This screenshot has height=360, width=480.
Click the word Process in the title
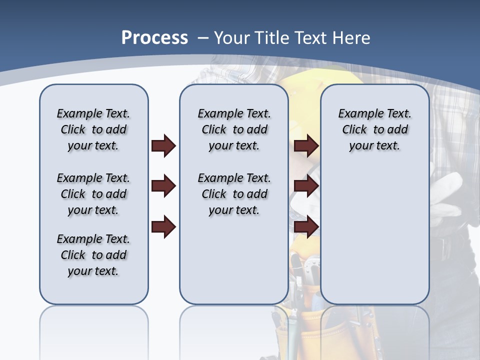point(154,38)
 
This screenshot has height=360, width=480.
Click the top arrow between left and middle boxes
point(163,146)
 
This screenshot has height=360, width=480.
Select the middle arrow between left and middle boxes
point(163,186)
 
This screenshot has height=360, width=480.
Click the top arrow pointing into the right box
point(306,146)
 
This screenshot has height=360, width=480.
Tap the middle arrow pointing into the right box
point(306,186)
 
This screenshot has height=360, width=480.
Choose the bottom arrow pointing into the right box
point(306,226)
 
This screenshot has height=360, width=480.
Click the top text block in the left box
point(93,129)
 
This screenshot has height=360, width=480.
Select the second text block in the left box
point(93,194)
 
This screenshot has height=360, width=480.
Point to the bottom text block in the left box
point(93,255)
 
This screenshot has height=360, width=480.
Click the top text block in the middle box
point(234,129)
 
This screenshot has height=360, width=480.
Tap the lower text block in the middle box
point(234,194)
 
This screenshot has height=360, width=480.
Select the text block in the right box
point(374,129)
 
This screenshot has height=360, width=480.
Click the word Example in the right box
point(356,114)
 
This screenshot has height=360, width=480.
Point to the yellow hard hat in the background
point(300,80)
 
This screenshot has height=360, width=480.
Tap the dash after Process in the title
point(203,38)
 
